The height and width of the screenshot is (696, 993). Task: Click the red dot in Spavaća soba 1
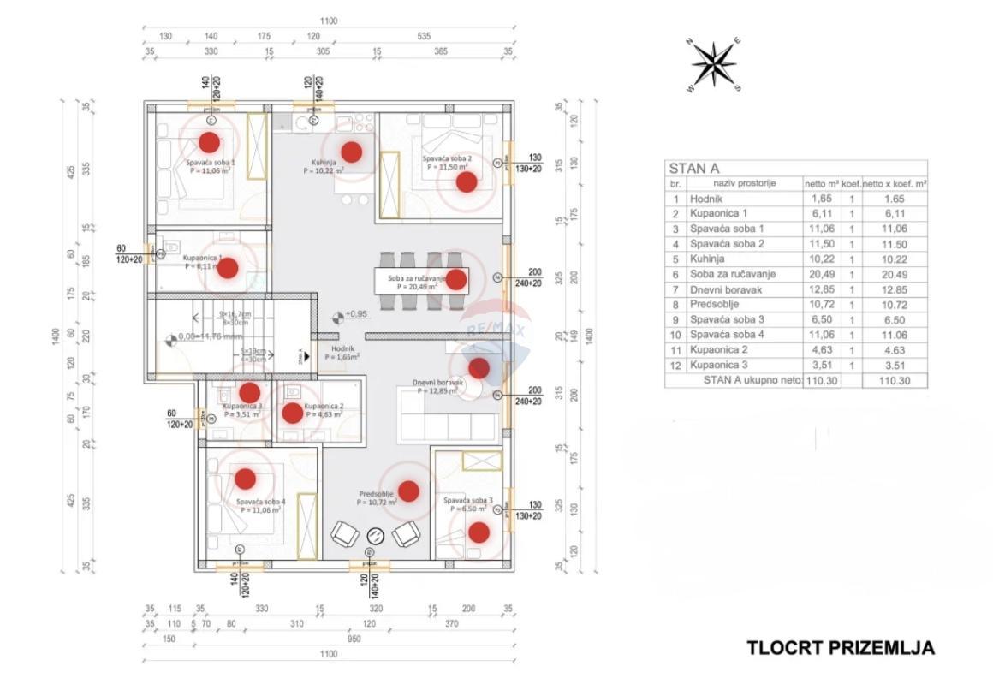click(x=209, y=142)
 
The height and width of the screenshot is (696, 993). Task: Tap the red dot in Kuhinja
click(x=351, y=152)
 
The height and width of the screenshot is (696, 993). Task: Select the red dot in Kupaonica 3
click(x=249, y=393)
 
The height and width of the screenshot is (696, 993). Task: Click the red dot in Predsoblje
click(x=408, y=491)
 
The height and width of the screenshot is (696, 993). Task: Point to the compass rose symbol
click(x=714, y=65)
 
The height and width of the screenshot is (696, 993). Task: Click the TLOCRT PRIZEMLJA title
click(x=841, y=648)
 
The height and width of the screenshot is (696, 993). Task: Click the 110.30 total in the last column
click(x=895, y=380)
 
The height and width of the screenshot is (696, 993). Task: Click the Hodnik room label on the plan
click(x=342, y=348)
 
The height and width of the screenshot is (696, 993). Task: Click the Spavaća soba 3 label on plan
click(x=467, y=500)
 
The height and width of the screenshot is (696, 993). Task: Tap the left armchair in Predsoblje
click(x=345, y=535)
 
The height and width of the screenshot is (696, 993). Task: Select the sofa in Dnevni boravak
click(x=447, y=414)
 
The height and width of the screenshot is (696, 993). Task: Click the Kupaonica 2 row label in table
click(x=721, y=349)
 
